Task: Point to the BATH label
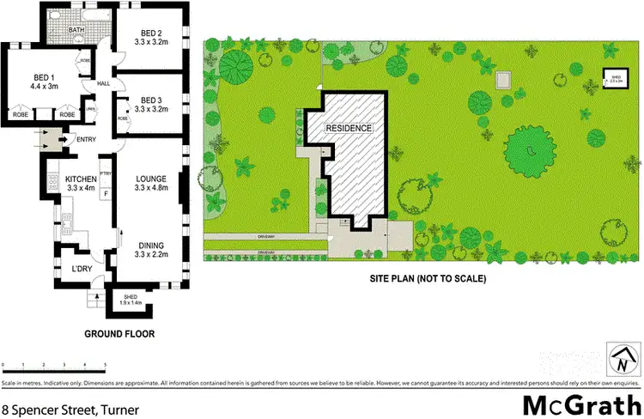tap(76, 31)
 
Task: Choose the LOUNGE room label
tap(151, 179)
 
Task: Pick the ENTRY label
tap(87, 139)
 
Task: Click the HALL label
tap(104, 83)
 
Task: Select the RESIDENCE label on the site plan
tap(349, 128)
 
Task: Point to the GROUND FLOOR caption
tap(119, 334)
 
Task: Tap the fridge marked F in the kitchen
tap(106, 195)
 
